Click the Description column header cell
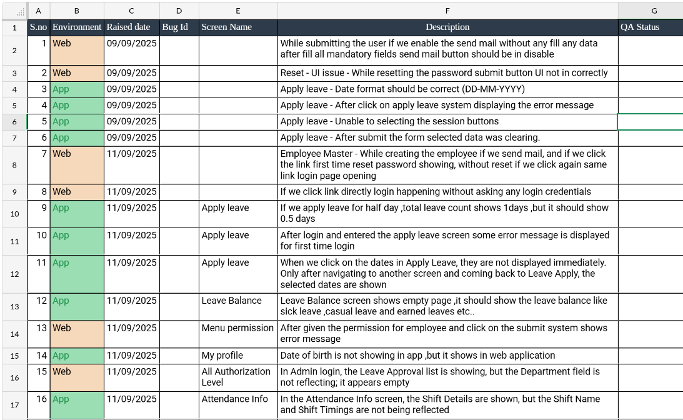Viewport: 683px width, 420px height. click(447, 27)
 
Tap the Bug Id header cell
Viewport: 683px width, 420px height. click(179, 27)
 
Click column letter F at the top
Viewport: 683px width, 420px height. click(447, 11)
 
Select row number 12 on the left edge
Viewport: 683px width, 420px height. click(14, 274)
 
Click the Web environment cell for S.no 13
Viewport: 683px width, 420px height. click(77, 334)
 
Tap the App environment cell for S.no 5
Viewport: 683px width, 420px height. click(77, 122)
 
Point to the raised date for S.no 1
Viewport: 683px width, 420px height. click(132, 44)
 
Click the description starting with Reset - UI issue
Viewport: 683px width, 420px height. click(444, 73)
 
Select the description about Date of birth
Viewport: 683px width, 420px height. click(417, 356)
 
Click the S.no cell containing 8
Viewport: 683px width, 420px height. click(39, 192)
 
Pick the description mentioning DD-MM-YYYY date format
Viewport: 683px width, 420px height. click(402, 89)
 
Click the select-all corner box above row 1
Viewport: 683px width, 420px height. click(14, 11)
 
